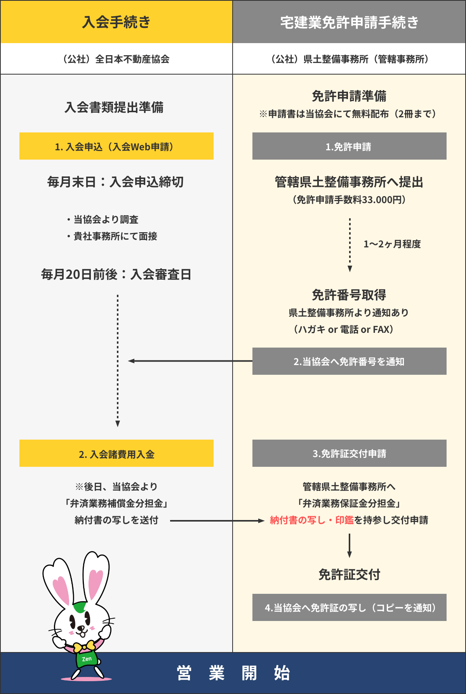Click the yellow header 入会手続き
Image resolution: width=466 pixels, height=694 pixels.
click(116, 22)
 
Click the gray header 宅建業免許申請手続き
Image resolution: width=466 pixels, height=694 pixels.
click(349, 22)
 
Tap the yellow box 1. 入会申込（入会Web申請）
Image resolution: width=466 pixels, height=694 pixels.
click(116, 146)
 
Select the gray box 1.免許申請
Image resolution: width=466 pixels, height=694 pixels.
click(349, 146)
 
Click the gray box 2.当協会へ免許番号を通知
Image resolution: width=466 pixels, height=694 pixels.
click(349, 362)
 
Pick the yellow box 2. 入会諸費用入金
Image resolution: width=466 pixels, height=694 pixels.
click(116, 454)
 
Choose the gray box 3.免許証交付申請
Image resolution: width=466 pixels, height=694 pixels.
click(349, 454)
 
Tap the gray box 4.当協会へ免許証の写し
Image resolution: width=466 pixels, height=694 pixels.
click(349, 607)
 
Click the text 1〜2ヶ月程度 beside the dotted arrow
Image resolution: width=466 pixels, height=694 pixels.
click(392, 244)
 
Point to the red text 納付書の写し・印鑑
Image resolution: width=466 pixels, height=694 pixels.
click(311, 520)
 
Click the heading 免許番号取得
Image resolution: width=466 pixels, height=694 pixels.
click(349, 295)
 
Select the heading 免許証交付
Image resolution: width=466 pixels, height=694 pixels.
click(349, 574)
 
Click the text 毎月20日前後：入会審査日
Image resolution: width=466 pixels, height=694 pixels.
click(116, 275)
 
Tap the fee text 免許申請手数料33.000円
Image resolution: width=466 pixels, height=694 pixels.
click(349, 200)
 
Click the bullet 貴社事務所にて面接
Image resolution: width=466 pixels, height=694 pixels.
click(115, 236)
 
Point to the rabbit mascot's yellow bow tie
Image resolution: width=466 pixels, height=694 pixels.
click(84, 646)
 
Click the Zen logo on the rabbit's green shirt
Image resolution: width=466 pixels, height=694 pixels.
click(87, 659)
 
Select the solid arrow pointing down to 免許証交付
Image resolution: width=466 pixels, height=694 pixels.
click(349, 546)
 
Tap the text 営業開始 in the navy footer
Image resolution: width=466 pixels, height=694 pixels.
click(233, 673)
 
